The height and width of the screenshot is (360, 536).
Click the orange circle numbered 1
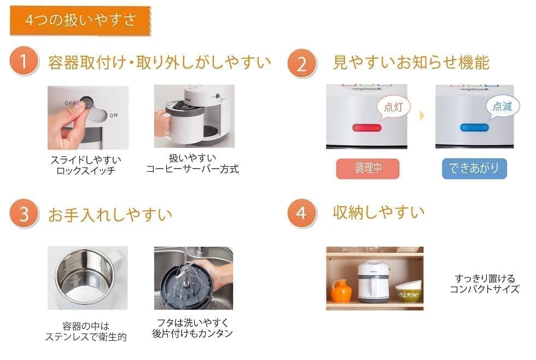point(24,62)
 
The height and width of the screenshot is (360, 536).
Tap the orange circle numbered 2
point(302,64)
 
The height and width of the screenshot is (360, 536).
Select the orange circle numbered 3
point(24,214)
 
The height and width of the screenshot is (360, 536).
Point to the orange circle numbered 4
point(302,213)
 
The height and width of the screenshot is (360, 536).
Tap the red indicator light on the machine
point(367,128)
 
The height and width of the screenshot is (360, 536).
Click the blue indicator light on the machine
point(474,127)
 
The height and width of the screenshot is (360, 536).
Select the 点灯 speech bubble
point(393,107)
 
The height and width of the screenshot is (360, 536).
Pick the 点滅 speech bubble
point(502,107)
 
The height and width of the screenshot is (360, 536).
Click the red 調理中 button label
point(368,169)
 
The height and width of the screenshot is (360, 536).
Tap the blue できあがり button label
point(474,169)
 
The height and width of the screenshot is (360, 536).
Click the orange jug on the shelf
point(341,291)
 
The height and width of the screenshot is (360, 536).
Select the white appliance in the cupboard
point(373,281)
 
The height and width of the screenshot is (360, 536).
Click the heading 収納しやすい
point(378,212)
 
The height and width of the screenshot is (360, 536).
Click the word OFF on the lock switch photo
point(71,103)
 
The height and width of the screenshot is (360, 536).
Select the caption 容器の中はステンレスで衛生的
point(86,332)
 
